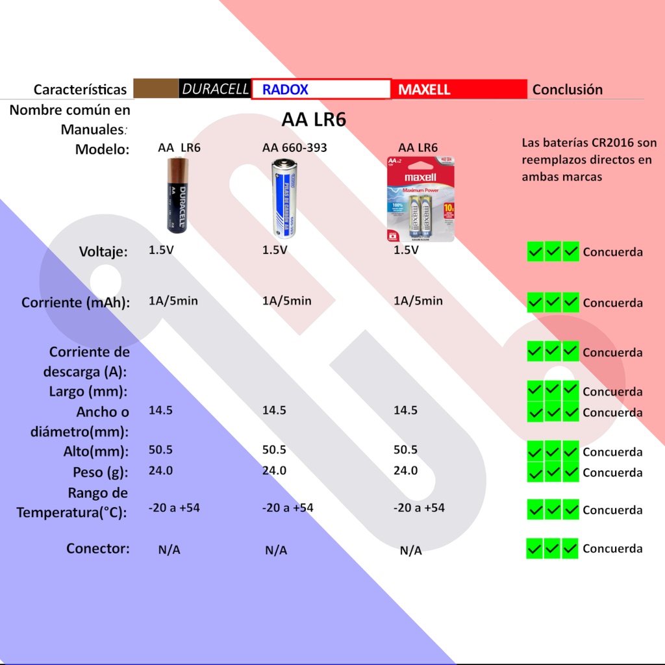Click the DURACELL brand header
(x=215, y=89)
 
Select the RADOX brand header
(x=285, y=90)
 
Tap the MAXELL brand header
(x=424, y=90)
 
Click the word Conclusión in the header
(x=568, y=90)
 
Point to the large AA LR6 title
(x=314, y=120)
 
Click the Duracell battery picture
(x=177, y=195)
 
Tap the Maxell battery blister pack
(x=421, y=199)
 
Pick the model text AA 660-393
(x=294, y=148)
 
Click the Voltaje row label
(x=103, y=251)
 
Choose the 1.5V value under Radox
(x=275, y=250)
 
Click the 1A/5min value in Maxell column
(x=418, y=301)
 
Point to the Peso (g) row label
(x=101, y=471)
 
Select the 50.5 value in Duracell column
(x=160, y=449)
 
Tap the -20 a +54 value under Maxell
(x=419, y=508)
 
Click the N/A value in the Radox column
(x=276, y=551)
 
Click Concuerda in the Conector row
(x=612, y=549)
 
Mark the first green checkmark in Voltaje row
(x=535, y=252)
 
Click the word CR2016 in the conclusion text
(x=615, y=143)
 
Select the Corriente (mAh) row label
(x=75, y=303)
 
